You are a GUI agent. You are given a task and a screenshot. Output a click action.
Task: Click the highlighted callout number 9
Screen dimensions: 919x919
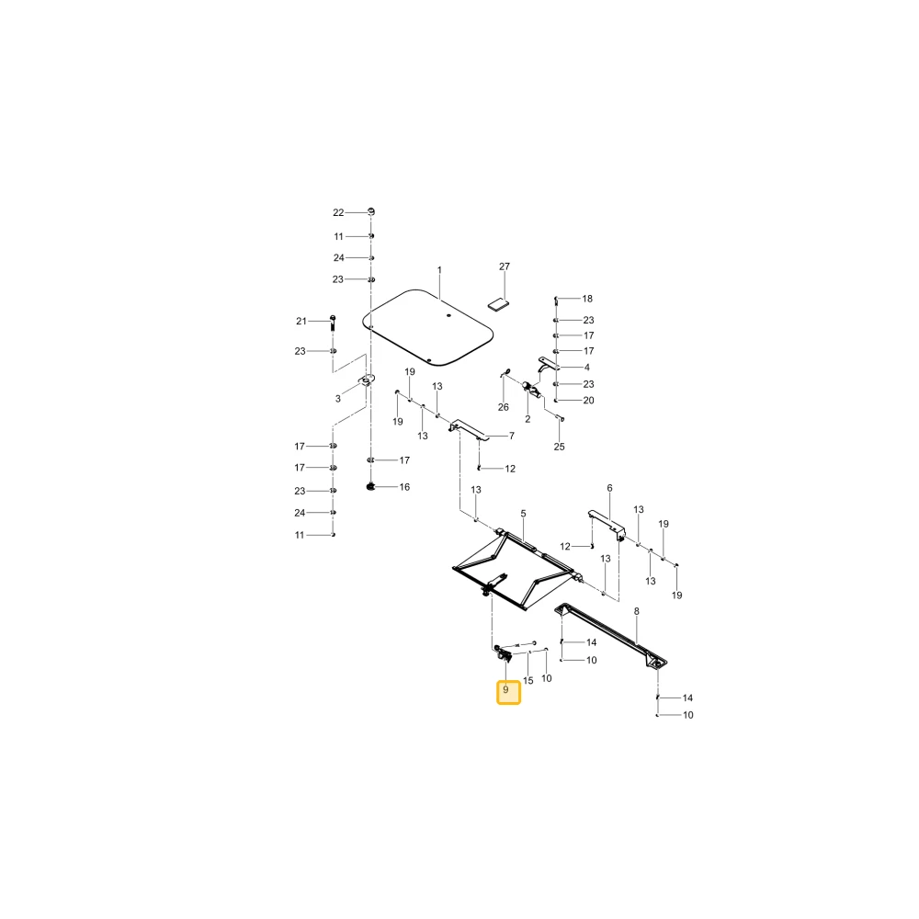(x=505, y=690)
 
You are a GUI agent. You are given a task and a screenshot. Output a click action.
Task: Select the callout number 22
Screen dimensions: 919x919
(x=338, y=213)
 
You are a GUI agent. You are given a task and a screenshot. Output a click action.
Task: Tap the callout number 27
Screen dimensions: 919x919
(x=505, y=267)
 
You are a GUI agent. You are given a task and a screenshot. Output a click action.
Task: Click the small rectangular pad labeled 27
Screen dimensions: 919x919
(x=499, y=304)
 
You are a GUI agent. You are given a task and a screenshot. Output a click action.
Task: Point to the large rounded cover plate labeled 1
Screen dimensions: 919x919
(x=428, y=328)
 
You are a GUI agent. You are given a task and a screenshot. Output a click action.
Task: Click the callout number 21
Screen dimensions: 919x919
(x=301, y=321)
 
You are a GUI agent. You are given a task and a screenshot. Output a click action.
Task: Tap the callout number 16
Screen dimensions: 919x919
(x=404, y=487)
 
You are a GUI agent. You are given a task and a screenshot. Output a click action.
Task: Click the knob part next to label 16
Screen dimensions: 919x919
(x=370, y=486)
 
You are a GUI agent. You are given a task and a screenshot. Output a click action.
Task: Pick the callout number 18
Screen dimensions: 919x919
(x=587, y=299)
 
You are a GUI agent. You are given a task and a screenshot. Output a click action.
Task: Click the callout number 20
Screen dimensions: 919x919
(x=588, y=401)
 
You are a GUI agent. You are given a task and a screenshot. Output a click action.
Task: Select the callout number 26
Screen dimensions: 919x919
(x=504, y=407)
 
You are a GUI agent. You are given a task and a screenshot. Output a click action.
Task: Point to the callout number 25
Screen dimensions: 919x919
(x=559, y=447)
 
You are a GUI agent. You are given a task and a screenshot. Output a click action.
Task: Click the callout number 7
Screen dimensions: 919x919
(x=512, y=436)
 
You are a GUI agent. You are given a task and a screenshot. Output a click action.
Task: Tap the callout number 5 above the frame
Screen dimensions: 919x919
(x=524, y=514)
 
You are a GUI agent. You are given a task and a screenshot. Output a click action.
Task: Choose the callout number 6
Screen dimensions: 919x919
(x=609, y=488)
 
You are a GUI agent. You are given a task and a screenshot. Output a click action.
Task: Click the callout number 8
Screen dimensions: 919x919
(x=637, y=611)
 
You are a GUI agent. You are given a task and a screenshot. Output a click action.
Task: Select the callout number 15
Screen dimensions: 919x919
(x=528, y=680)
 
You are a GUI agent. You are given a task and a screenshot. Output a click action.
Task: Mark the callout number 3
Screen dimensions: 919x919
(x=337, y=399)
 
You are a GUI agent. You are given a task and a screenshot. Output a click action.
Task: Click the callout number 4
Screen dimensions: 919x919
(x=586, y=368)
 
